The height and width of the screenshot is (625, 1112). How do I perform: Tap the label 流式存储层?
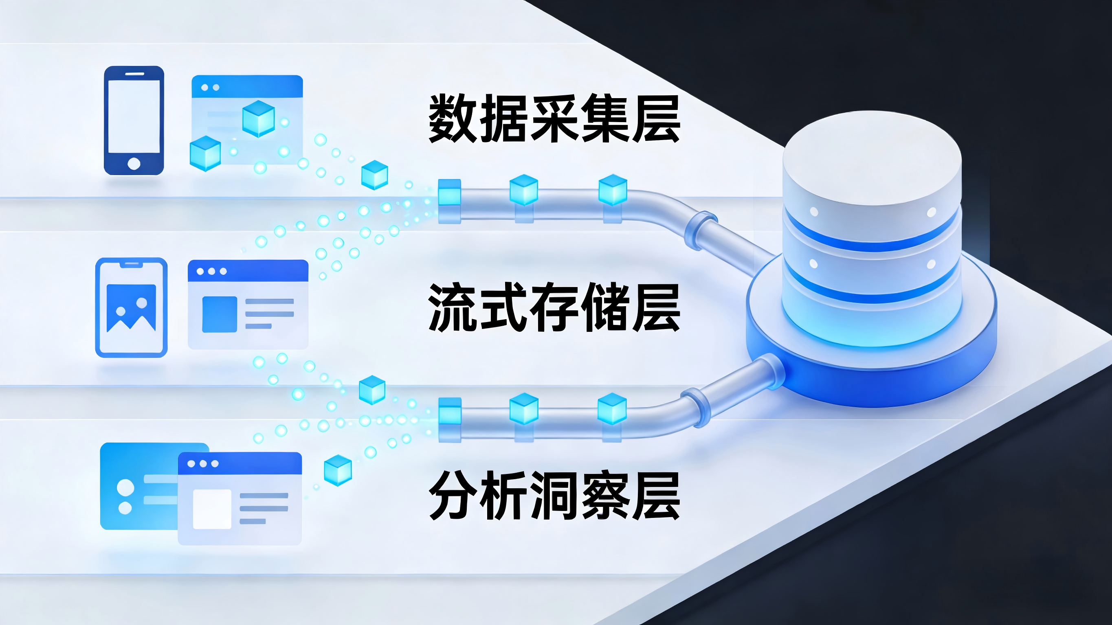[x=554, y=307]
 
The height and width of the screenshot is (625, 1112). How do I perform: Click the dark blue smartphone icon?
[x=134, y=121]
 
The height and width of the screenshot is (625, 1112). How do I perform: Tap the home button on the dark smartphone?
[x=134, y=164]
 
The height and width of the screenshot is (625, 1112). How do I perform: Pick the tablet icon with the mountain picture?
[x=131, y=308]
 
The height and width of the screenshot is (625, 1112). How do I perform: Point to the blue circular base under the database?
[x=872, y=380]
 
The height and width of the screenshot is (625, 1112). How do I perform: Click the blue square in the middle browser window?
[x=220, y=314]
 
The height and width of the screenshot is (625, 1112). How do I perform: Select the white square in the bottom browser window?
[x=212, y=509]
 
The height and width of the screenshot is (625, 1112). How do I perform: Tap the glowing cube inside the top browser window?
[x=259, y=118]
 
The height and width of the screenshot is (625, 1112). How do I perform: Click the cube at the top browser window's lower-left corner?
[x=205, y=153]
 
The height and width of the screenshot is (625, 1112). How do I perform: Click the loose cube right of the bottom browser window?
[x=338, y=470]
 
